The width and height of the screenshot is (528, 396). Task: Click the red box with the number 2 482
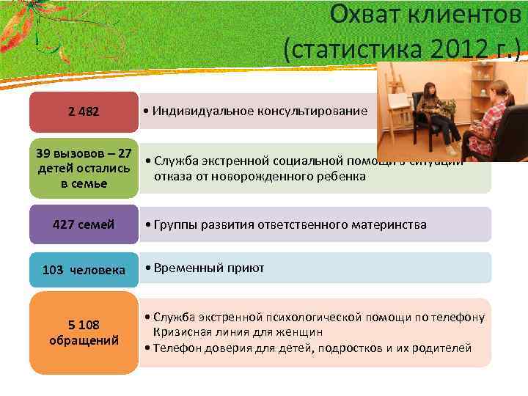[84, 112]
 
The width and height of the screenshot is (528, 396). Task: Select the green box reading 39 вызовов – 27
[84, 169]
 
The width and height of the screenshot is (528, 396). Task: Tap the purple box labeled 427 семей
[84, 224]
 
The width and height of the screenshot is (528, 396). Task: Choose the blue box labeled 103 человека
[84, 269]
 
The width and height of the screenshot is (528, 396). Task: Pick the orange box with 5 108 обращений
[84, 332]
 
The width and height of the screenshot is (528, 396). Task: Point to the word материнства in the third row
[391, 224]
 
